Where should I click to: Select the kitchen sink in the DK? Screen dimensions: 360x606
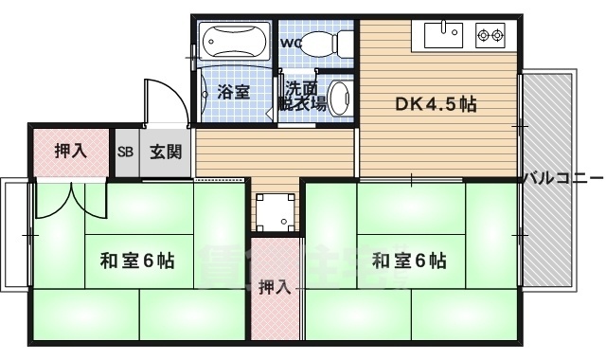(441, 37)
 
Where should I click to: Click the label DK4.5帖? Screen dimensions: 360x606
(435, 105)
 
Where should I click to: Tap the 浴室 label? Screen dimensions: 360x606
(233, 92)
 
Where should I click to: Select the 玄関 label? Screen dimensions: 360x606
(165, 152)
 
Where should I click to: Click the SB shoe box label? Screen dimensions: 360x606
(125, 153)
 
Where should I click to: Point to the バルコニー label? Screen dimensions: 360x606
(562, 176)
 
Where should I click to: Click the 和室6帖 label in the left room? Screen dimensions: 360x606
(135, 260)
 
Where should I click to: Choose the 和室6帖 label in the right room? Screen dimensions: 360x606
(408, 260)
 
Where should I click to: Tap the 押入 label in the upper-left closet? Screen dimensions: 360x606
(69, 150)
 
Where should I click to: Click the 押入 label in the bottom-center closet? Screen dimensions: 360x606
(275, 288)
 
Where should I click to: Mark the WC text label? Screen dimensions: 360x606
(289, 43)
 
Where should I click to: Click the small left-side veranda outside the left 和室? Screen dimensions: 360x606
(15, 232)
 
